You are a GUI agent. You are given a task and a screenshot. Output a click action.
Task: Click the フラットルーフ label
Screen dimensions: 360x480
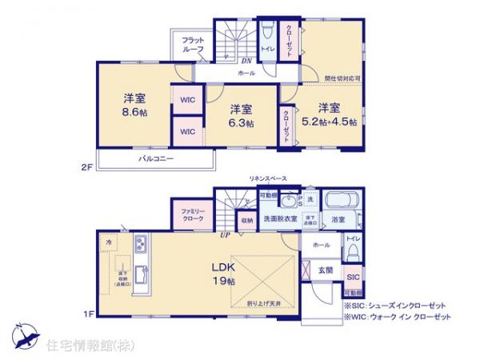192,45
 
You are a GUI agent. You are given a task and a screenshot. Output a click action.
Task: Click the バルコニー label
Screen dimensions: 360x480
157,159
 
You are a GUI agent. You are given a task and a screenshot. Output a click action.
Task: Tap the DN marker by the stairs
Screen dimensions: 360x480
249,59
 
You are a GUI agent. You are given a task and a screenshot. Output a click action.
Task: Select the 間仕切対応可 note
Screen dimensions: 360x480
342,78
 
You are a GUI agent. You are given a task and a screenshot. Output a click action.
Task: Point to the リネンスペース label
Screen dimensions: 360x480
267,178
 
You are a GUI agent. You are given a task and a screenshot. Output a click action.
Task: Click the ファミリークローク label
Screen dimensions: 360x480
192,215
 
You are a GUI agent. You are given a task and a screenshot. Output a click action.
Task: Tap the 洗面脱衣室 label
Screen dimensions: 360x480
282,218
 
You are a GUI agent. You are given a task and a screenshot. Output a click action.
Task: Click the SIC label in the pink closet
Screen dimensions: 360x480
353,276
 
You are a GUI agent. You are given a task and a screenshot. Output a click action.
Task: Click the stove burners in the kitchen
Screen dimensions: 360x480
139,242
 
